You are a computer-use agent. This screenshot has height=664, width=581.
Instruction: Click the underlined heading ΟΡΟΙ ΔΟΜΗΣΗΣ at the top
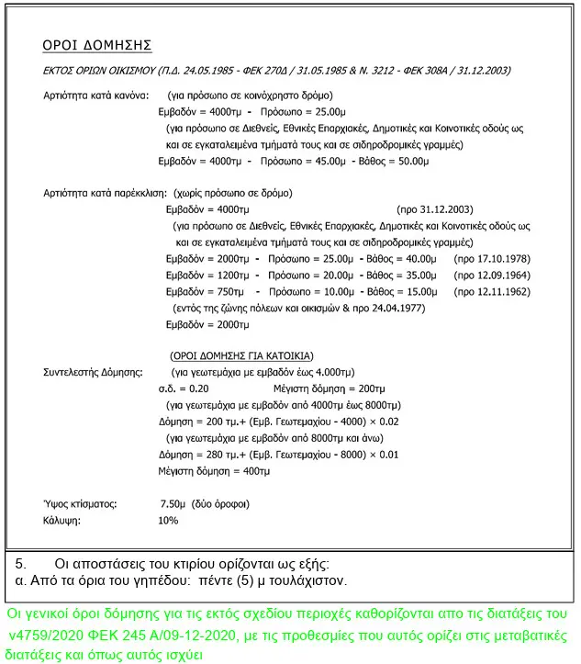pos(97,45)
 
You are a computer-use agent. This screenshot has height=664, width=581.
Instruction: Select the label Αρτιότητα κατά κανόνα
pos(91,96)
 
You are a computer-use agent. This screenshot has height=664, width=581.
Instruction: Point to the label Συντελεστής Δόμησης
pos(93,372)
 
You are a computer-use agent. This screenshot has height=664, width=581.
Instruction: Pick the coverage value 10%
pos(168,521)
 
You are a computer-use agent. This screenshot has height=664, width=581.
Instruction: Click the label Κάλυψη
pos(62,521)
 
